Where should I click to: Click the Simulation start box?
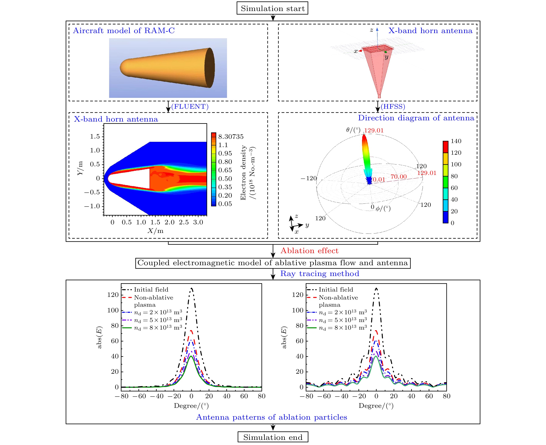pos(272,8)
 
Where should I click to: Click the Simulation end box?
pos(273,437)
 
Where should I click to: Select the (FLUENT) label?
pos(190,106)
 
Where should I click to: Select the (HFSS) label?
pos(393,106)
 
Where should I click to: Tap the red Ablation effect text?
pos(309,250)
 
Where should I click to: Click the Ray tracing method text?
pos(320,274)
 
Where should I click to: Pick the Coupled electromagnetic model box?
pos(272,263)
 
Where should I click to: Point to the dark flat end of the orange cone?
pos(209,68)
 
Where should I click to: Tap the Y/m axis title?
pos(80,168)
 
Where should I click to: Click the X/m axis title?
pos(155,231)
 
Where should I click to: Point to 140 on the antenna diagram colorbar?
pos(456,141)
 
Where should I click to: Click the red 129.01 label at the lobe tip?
pos(374,131)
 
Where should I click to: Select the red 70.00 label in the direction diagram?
pos(398,177)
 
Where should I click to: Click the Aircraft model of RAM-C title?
pos(124,30)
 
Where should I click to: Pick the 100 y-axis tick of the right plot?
pos(297,310)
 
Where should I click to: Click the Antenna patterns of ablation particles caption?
pos(271,417)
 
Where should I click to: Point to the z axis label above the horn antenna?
pos(371,30)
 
